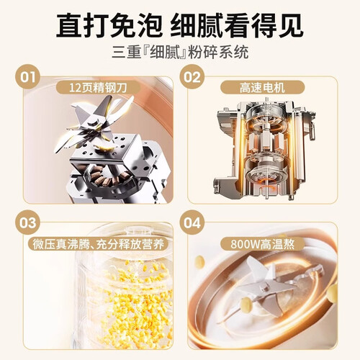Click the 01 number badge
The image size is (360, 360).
coord(27,77)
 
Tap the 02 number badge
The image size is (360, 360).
coord(192,77)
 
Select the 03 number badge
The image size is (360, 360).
coord(27,222)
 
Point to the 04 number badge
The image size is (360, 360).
coord(192,222)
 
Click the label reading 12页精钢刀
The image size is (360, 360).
coord(98,88)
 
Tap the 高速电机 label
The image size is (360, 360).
coord(262,88)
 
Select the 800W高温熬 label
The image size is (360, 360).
coord(262,244)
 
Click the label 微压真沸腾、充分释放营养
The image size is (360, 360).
coord(98,245)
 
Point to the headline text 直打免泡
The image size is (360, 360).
coord(109,26)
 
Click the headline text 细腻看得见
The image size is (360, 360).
coord(237,26)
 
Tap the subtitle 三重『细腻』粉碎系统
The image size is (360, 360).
coord(180,52)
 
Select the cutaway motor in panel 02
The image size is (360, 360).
coord(264,149)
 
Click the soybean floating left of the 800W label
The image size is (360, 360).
coord(199,261)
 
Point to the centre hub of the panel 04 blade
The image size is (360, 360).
coord(265,287)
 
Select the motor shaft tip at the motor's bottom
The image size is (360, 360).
coord(266,197)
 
